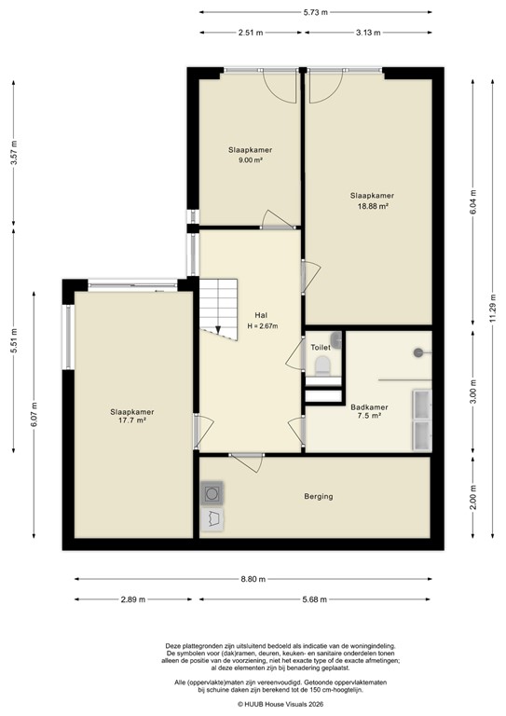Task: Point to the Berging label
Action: click(318, 496)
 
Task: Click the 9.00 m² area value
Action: click(250, 160)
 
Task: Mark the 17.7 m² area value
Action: click(132, 421)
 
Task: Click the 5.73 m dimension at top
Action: click(316, 12)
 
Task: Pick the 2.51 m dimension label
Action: click(250, 33)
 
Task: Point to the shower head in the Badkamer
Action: click(418, 352)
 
